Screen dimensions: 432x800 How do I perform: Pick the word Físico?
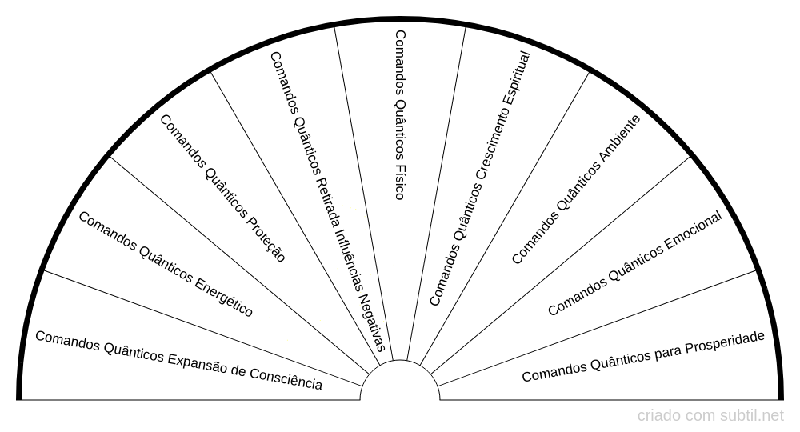pyautogui.click(x=399, y=182)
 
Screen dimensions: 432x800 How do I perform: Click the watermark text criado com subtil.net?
pyautogui.click(x=710, y=416)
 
